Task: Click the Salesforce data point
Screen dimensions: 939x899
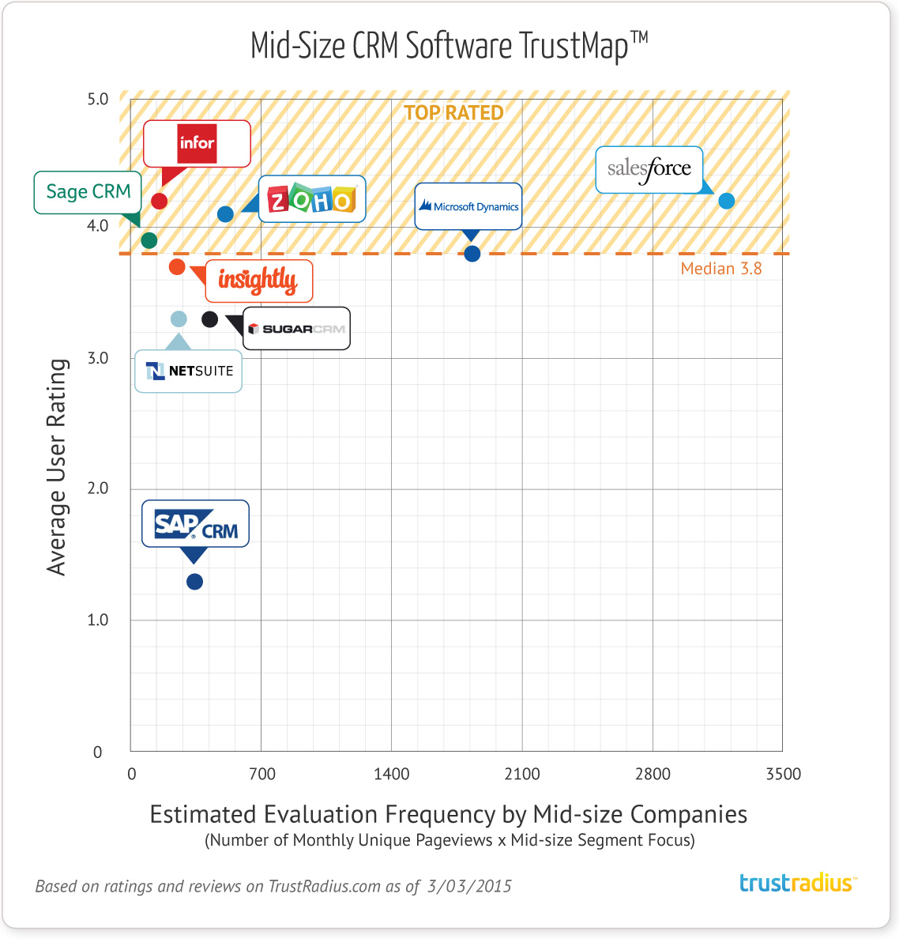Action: click(726, 201)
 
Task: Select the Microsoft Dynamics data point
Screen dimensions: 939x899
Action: click(472, 254)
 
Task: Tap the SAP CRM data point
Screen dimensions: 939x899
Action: click(194, 582)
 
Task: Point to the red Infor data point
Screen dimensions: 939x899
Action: click(159, 201)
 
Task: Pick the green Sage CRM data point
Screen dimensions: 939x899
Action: click(149, 240)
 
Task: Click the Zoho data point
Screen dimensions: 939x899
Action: click(225, 214)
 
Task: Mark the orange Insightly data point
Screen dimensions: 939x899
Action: click(177, 267)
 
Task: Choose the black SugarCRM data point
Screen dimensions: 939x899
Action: click(209, 319)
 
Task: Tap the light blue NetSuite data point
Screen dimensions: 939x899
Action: click(179, 319)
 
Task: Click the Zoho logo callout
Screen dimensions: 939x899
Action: click(312, 199)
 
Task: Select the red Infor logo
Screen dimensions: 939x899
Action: click(197, 143)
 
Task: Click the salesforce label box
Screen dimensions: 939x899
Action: click(649, 169)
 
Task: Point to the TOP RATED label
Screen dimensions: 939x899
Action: click(453, 113)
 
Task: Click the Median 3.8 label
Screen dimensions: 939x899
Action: click(721, 269)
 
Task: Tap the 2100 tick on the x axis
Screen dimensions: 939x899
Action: click(522, 774)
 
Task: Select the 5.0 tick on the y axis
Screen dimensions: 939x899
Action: click(98, 100)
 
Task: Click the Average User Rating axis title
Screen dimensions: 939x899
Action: click(57, 466)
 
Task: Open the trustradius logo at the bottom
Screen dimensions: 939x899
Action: click(797, 883)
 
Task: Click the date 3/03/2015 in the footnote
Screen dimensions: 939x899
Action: click(469, 886)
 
